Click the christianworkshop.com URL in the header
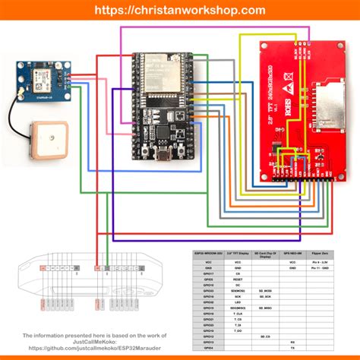180,10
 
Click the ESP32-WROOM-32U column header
209,251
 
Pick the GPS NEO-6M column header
292,251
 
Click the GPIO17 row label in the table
209,273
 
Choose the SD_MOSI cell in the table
265,291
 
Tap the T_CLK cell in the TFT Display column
238,314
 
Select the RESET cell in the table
238,279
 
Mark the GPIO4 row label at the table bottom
209,348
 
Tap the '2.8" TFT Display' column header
238,251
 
